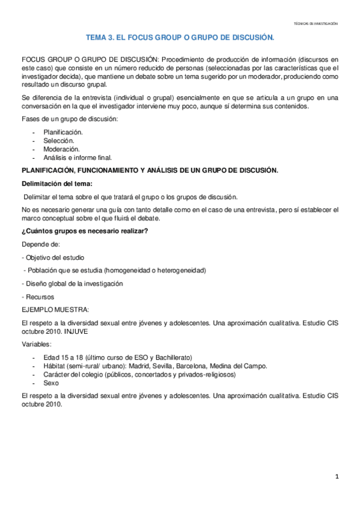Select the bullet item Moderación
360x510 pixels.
pyautogui.click(x=61, y=149)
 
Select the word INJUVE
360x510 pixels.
pyautogui.click(x=74, y=331)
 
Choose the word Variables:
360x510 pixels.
pyautogui.click(x=36, y=345)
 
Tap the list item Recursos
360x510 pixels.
pyautogui.click(x=39, y=296)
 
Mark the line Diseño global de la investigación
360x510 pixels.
pyautogui.click(x=73, y=283)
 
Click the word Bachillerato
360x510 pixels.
pyautogui.click(x=169, y=357)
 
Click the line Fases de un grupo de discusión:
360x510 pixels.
pyautogui.click(x=70, y=119)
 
